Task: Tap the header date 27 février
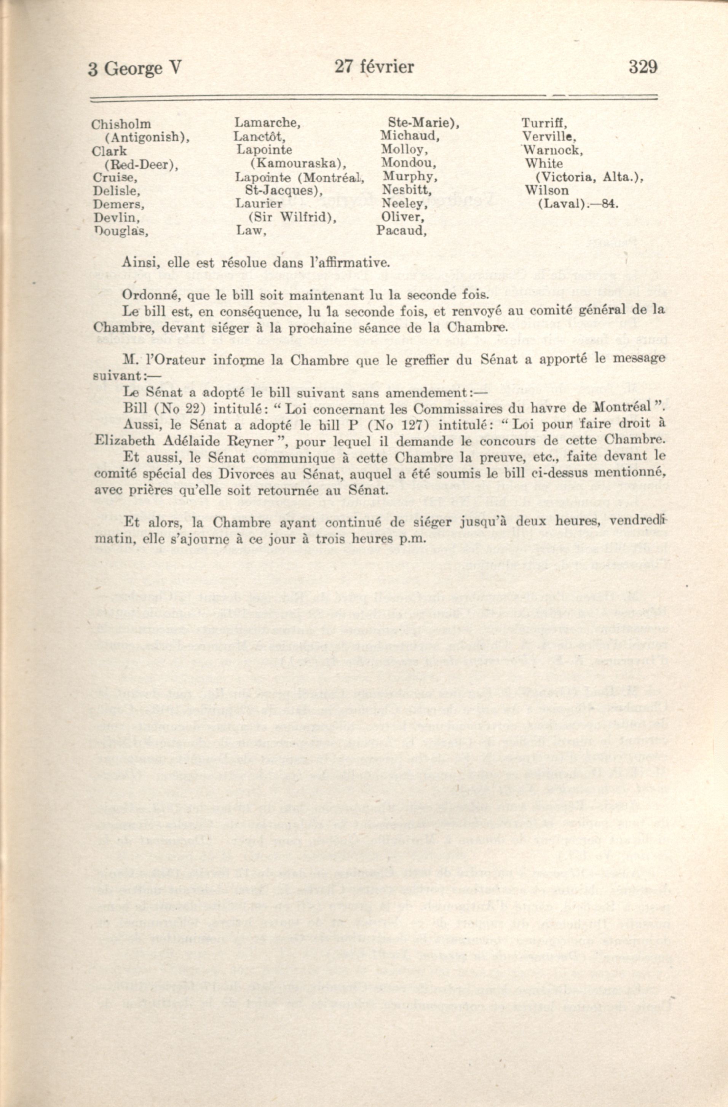pos(374,67)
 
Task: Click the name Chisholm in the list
pos(121,124)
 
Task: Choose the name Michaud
pos(410,136)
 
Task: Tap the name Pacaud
pos(401,231)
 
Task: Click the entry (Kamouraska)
pos(298,163)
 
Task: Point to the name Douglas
pos(121,231)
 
